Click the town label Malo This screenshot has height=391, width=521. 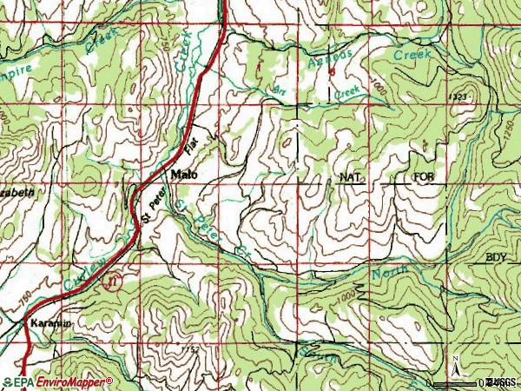click(184, 175)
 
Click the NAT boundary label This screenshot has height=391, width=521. click(350, 177)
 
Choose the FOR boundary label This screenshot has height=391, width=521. click(423, 177)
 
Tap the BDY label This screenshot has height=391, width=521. click(495, 258)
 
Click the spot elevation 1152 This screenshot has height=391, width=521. click(192, 348)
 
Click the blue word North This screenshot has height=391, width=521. click(390, 271)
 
